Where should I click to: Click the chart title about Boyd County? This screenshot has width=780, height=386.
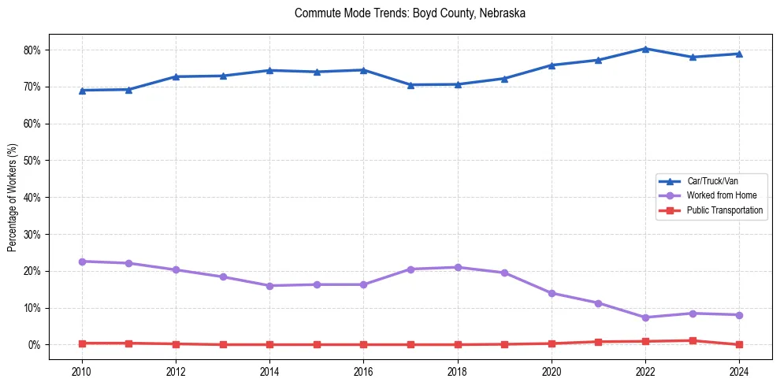pyautogui.click(x=410, y=13)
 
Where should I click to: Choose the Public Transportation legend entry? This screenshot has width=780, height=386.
pyautogui.click(x=724, y=210)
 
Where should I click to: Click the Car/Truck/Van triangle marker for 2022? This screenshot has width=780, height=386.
pyautogui.click(x=645, y=49)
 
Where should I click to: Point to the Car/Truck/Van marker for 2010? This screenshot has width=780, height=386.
pyautogui.click(x=82, y=91)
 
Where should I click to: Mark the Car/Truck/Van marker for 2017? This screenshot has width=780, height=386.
pyautogui.click(x=410, y=85)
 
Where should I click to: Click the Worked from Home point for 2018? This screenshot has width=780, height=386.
pyautogui.click(x=458, y=267)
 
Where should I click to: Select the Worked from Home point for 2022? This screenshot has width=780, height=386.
pyautogui.click(x=645, y=317)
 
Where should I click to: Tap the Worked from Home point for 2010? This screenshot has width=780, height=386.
pyautogui.click(x=82, y=262)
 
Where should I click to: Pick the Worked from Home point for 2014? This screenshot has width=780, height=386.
pyautogui.click(x=269, y=286)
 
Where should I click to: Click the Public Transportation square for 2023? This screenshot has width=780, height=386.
pyautogui.click(x=693, y=341)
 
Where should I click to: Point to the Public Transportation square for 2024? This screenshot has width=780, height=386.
pyautogui.click(x=739, y=344)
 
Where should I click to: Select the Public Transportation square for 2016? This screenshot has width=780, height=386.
pyautogui.click(x=363, y=344)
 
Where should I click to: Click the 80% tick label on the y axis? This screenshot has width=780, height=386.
pyautogui.click(x=32, y=50)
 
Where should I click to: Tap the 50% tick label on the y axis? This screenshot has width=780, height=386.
pyautogui.click(x=32, y=161)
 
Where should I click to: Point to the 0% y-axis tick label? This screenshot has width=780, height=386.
pyautogui.click(x=35, y=345)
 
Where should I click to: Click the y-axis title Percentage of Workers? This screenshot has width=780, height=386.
pyautogui.click(x=12, y=197)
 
